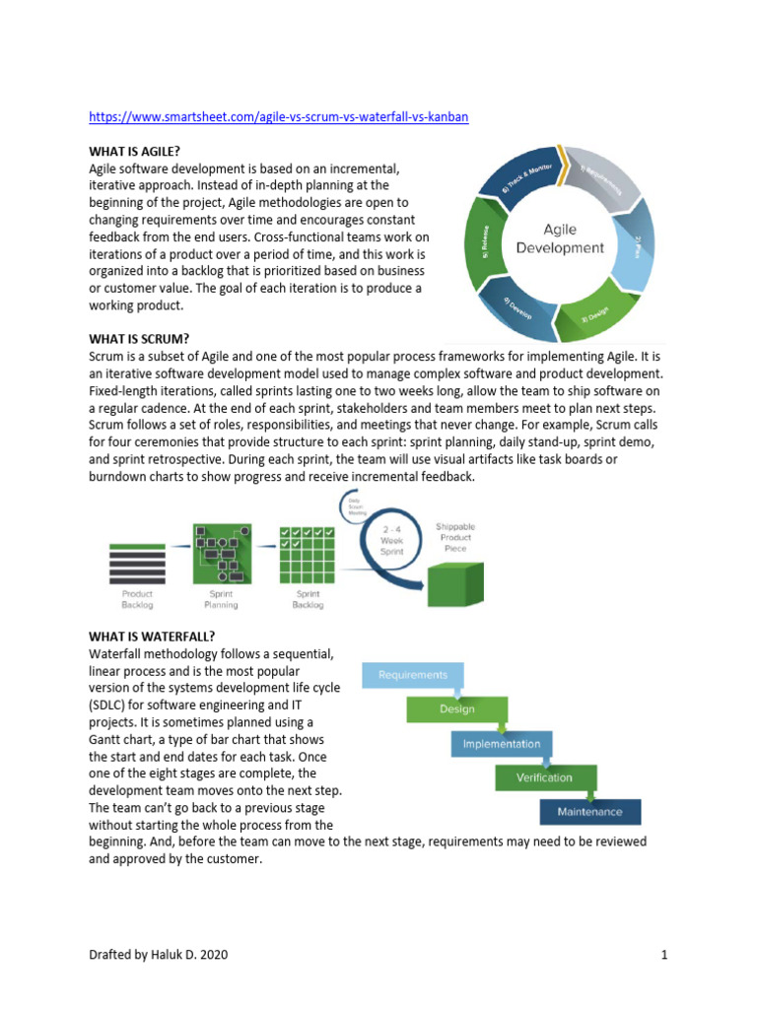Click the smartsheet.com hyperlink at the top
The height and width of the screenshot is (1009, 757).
[278, 116]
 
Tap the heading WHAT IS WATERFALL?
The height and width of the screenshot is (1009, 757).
[151, 636]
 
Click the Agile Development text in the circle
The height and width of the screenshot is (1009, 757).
[560, 238]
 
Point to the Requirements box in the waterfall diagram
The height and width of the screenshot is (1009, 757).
[413, 675]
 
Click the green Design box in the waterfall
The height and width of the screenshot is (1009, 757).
[456, 708]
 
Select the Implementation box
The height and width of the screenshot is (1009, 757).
[502, 744]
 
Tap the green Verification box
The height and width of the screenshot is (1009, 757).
[544, 777]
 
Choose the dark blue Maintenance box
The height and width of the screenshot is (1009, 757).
[589, 812]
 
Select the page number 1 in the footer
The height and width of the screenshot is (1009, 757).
[665, 955]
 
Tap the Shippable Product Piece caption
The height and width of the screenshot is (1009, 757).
[455, 538]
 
